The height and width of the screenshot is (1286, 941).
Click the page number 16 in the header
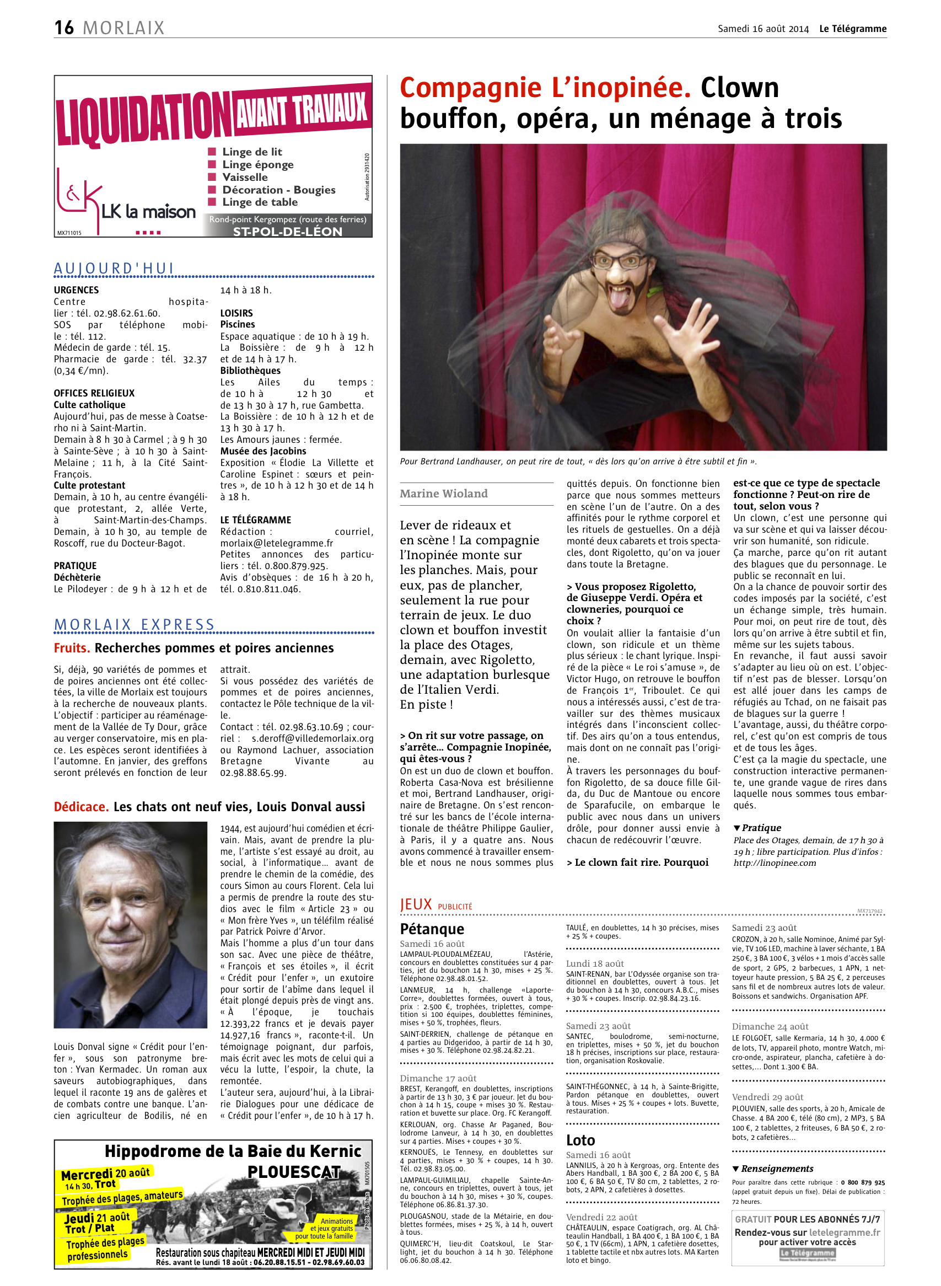(x=64, y=28)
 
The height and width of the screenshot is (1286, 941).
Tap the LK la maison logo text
(x=148, y=212)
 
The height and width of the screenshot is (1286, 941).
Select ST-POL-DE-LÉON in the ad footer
(x=288, y=231)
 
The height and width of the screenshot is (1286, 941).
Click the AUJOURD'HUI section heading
(x=114, y=269)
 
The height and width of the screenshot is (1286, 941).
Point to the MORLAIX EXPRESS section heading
(x=135, y=624)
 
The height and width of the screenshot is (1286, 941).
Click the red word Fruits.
(x=72, y=648)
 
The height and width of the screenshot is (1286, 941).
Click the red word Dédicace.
(x=81, y=807)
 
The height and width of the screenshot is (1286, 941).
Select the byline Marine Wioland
(x=444, y=494)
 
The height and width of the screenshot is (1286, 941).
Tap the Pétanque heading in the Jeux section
(x=432, y=929)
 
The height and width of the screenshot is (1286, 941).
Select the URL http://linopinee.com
(x=775, y=862)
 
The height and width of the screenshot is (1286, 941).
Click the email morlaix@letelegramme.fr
(x=277, y=543)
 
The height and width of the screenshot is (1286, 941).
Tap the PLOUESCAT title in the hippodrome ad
(x=293, y=1172)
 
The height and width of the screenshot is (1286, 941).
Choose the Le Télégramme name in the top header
(x=853, y=29)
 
